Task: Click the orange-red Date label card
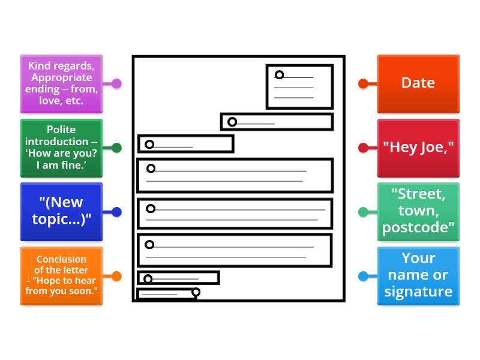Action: point(418,83)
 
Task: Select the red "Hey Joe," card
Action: point(418,148)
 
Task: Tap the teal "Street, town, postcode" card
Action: point(418,211)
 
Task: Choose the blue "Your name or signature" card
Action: point(418,275)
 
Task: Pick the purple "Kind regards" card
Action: point(61,83)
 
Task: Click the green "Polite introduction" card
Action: point(61,148)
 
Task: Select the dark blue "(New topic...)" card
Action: point(61,211)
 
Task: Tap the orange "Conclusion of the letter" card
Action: point(61,275)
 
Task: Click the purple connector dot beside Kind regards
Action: point(116,83)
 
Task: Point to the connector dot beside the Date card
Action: point(363,83)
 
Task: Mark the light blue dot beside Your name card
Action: point(363,276)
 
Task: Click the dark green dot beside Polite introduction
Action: point(116,148)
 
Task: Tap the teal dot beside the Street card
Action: point(363,212)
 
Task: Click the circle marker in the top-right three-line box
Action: point(279,75)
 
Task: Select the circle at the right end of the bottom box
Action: point(196,292)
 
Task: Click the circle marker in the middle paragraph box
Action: point(151,209)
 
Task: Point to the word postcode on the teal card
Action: point(418,227)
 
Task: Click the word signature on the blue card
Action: point(418,292)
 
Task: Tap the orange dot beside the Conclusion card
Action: point(116,276)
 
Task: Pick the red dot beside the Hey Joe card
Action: point(363,148)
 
